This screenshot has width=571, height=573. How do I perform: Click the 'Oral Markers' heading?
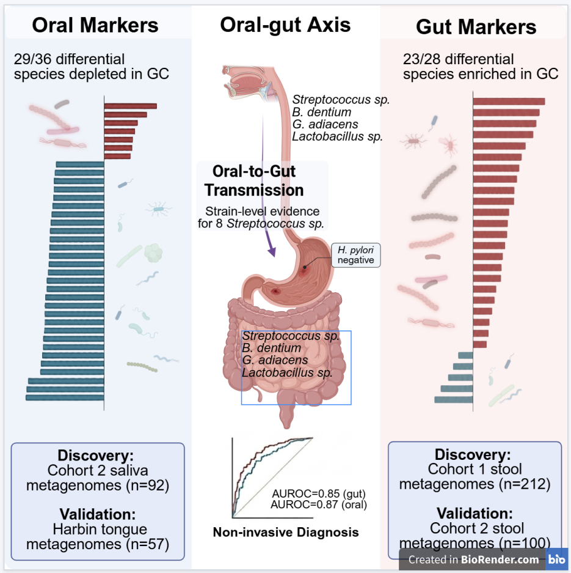(95, 25)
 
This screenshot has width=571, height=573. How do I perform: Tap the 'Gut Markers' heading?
(476, 27)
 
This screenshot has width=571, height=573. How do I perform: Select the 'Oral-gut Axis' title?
(285, 24)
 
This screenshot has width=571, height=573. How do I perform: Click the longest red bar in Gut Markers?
(509, 102)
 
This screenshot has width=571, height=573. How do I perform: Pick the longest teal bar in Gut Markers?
(454, 399)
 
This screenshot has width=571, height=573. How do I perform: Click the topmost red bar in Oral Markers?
(130, 106)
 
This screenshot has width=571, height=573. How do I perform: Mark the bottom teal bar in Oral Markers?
(65, 397)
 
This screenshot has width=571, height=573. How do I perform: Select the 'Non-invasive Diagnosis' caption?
(285, 532)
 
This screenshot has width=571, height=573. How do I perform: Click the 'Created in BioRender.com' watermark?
(474, 559)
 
